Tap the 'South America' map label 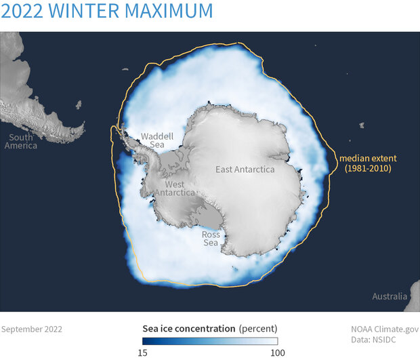(20, 141)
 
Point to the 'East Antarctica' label (245, 169)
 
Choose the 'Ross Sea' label (211, 239)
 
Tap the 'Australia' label (390, 296)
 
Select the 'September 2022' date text (32, 329)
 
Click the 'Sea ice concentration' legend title (188, 329)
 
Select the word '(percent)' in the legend (258, 329)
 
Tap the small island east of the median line (361, 125)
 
